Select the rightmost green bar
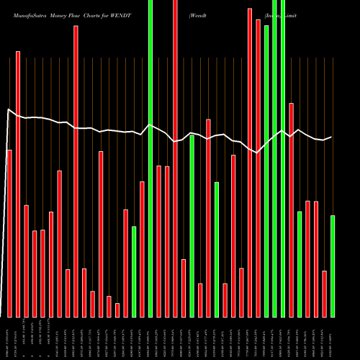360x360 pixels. (333, 266)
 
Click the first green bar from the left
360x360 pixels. (134, 271)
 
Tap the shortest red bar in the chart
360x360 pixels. (117, 310)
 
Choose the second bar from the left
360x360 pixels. (18, 184)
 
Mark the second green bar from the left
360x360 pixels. (150, 158)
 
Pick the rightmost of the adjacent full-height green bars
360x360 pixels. (283, 158)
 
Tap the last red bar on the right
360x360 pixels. (325, 294)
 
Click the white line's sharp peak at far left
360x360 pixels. (8, 109)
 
